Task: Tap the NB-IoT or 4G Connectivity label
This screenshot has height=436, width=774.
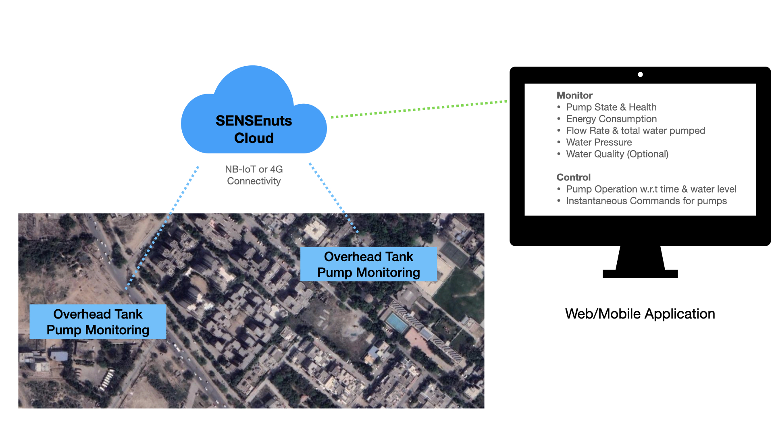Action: point(254,175)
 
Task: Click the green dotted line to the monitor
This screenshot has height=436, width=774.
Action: point(419,109)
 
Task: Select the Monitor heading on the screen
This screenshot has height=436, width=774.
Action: point(574,95)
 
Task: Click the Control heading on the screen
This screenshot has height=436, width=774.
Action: point(573,177)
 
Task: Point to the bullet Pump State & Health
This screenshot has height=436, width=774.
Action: point(611,107)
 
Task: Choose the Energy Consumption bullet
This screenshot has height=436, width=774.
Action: point(611,119)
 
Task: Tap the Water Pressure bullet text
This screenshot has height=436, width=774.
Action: point(599,142)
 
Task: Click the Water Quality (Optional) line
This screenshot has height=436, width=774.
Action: point(617,154)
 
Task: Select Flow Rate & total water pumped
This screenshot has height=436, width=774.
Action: point(635,130)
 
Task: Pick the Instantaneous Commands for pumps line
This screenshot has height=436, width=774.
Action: point(646,201)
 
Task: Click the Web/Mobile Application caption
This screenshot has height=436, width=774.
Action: point(640,314)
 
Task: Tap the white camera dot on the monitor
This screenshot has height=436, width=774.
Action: point(640,74)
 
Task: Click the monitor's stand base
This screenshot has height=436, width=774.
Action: point(640,273)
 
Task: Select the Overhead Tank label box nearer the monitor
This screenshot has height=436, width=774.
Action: point(368,264)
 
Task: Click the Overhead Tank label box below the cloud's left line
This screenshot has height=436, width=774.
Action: point(98,322)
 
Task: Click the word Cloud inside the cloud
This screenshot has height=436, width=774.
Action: point(254,138)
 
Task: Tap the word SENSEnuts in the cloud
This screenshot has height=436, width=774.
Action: point(254,121)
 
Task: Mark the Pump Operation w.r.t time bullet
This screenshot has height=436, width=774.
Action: point(651,189)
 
